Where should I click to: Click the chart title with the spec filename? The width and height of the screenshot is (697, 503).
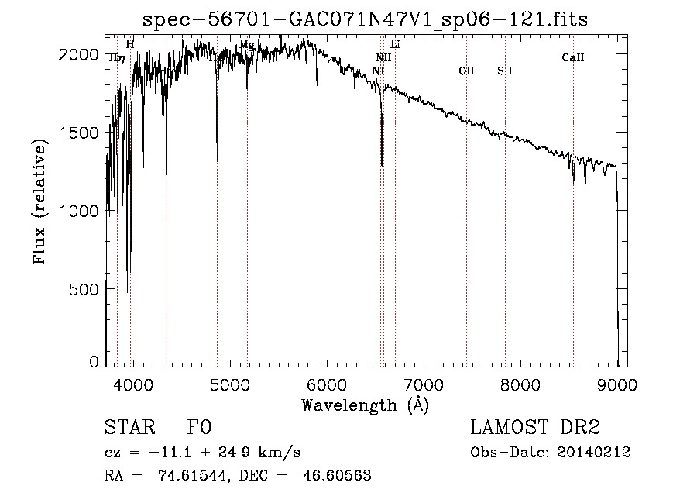[366, 20]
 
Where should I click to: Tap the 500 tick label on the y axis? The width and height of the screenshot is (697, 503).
[86, 289]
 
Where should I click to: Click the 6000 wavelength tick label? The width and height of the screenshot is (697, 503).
[326, 384]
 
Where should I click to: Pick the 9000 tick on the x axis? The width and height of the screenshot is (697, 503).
[617, 384]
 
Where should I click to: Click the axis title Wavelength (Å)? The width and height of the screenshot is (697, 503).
[365, 404]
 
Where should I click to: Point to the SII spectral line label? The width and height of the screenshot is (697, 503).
[505, 71]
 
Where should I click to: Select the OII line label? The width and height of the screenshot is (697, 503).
[466, 71]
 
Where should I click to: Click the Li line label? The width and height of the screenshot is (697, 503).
[395, 45]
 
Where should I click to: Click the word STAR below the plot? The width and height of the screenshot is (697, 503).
[124, 428]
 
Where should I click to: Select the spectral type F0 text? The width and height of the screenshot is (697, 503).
[200, 428]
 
